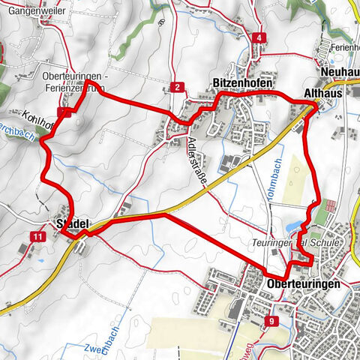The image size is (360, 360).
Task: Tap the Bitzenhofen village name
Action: coord(240,82)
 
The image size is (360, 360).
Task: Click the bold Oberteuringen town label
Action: coord(303,285)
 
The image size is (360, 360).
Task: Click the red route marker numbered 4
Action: coord(259,38)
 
